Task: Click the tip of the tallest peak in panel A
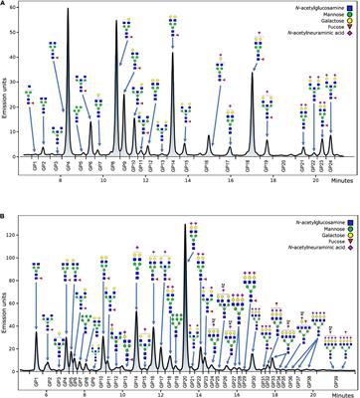[67, 9]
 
